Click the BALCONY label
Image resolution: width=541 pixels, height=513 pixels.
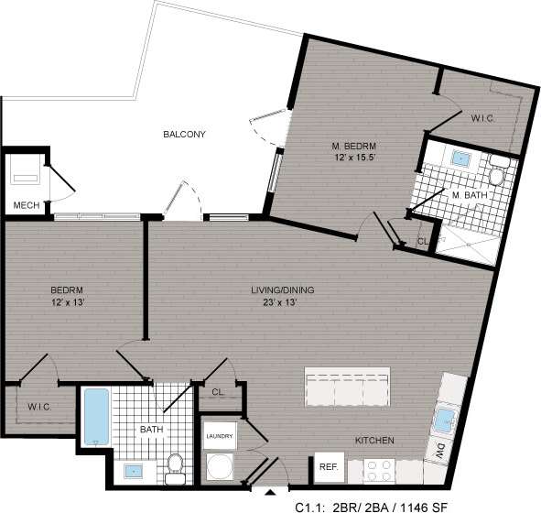click(184, 135)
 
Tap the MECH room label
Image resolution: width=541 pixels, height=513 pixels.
click(27, 205)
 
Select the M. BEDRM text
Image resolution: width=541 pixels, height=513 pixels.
click(354, 147)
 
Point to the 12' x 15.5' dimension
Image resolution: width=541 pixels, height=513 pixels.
click(354, 160)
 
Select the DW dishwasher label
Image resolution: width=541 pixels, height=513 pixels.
click(440, 451)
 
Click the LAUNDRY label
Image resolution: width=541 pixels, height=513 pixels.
click(220, 437)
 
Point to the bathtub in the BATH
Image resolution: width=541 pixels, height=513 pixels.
click(96, 418)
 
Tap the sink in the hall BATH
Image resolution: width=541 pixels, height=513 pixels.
click(134, 472)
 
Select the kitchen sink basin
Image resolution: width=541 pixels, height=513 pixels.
click(444, 420)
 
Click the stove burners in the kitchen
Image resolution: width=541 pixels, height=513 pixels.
click(380, 470)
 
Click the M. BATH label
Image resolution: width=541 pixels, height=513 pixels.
click(468, 195)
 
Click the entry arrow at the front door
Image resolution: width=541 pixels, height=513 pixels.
click(268, 494)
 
